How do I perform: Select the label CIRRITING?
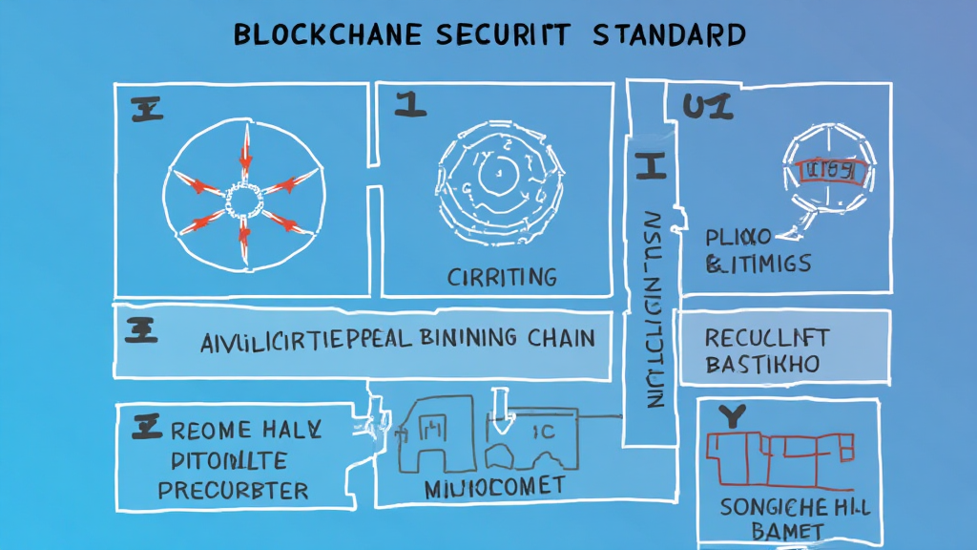click(502, 277)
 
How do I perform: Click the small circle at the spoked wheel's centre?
click(244, 201)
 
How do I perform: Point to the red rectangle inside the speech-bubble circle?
click(830, 172)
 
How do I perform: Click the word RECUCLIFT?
click(766, 337)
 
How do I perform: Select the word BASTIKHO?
click(763, 364)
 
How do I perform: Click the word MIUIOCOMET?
click(493, 486)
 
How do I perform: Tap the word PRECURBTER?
click(233, 491)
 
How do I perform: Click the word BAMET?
click(787, 530)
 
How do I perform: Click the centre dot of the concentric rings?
click(495, 175)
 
